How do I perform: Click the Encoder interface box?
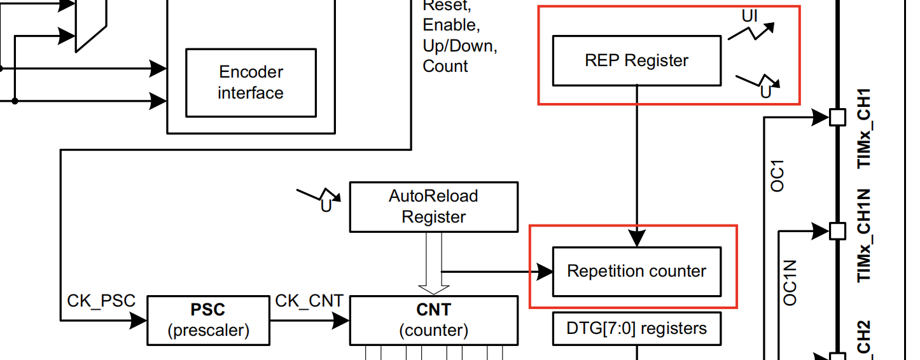point(251,82)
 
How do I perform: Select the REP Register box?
point(636,60)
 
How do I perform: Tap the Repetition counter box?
point(636,272)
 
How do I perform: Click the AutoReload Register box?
point(433,207)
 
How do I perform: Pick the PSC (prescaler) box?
point(208,320)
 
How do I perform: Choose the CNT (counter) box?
point(433,320)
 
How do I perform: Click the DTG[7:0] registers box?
point(636,328)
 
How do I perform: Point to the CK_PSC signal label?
point(101,301)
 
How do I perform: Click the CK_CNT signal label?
point(309,301)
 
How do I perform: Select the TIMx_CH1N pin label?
point(865,236)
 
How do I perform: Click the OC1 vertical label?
point(777,176)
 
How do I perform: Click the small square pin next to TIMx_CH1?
point(837,118)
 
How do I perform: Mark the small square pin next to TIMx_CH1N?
point(837,230)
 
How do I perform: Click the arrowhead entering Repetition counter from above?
point(637,238)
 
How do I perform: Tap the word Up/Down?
point(459,46)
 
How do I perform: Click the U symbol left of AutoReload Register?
point(326,206)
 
